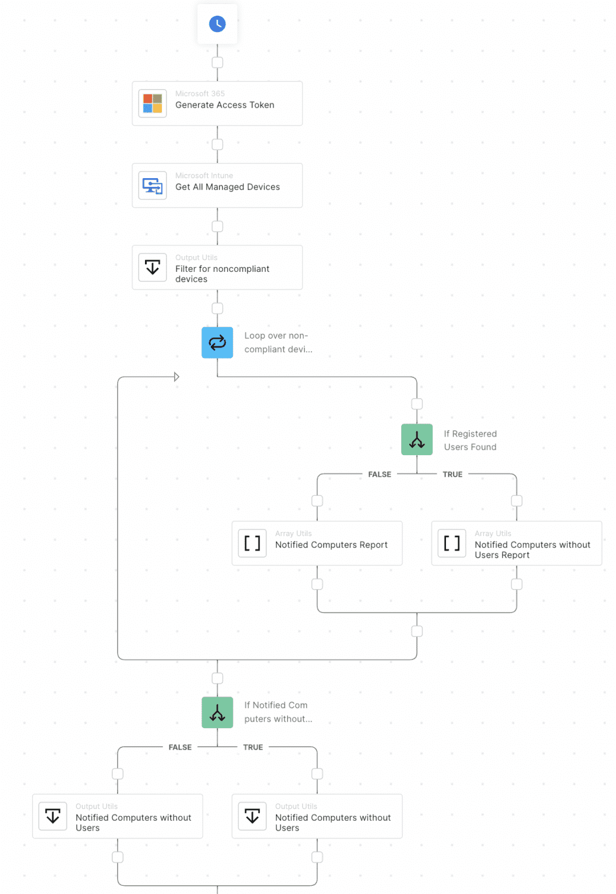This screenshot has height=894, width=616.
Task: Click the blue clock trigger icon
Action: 217,24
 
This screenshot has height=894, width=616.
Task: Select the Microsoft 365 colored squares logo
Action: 153,104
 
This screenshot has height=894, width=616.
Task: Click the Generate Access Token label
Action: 225,105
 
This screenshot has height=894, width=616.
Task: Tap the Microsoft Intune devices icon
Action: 153,186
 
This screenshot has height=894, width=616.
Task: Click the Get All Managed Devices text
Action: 228,187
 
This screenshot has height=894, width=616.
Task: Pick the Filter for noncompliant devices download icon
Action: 153,268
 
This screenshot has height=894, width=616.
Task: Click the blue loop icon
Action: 217,343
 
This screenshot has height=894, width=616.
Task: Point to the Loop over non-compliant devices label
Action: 278,342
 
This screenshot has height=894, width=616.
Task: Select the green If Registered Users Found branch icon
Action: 417,439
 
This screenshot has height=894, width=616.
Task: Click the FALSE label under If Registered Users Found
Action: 380,474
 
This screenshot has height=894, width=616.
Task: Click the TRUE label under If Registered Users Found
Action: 452,474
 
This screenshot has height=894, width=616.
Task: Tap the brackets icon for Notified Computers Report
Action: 252,543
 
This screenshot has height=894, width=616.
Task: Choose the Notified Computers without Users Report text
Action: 532,549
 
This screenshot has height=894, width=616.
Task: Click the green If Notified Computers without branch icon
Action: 217,712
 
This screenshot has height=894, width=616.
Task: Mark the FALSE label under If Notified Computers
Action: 180,747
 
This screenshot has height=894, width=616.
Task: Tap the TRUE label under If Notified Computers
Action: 253,747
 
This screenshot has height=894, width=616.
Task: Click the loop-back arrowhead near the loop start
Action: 176,377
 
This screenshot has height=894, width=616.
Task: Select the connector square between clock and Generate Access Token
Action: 217,62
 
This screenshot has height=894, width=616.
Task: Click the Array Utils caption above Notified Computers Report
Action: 293,533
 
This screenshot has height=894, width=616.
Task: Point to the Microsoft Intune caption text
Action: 204,176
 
